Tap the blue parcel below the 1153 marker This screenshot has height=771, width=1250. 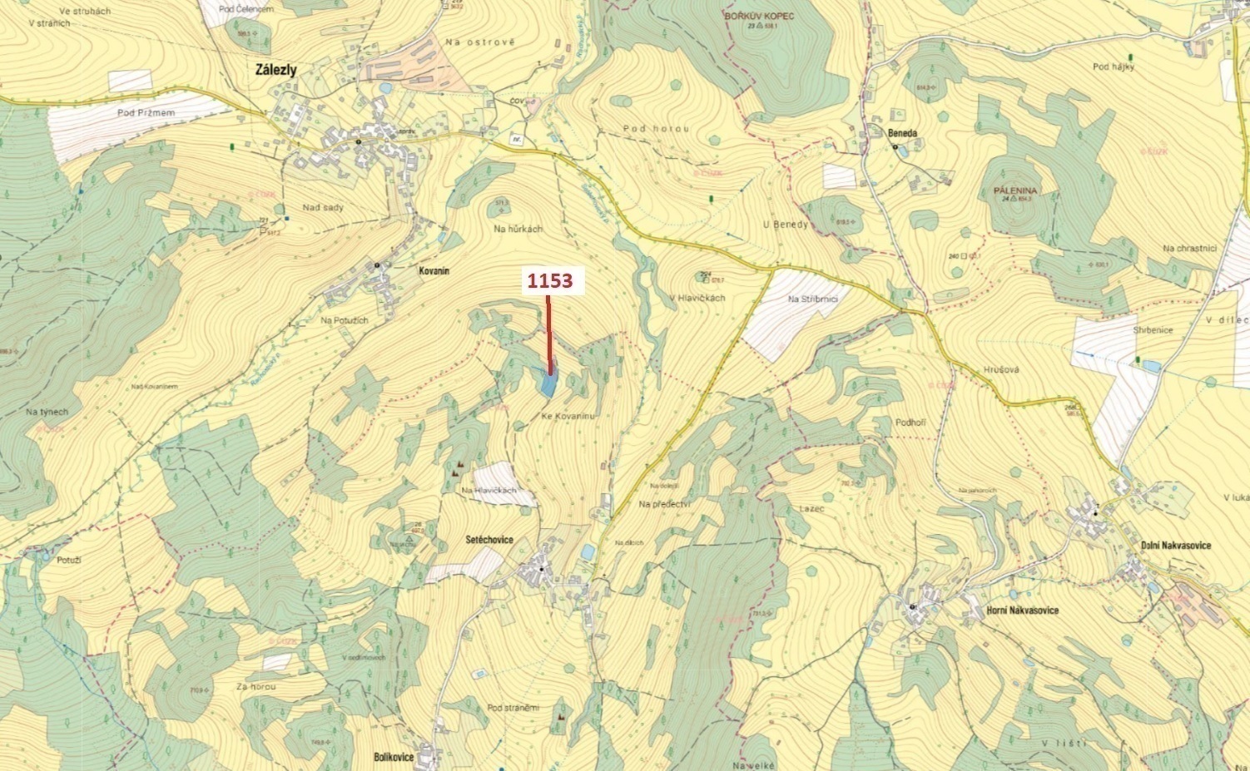click(548, 383)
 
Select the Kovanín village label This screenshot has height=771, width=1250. click(434, 270)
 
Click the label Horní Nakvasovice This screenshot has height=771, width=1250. click(1022, 610)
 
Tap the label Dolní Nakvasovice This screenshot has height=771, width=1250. click(1175, 546)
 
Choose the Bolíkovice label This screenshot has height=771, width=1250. click(394, 758)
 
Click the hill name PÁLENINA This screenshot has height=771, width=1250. click(1013, 190)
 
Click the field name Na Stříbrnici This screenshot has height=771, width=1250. click(812, 299)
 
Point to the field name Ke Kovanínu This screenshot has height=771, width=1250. click(568, 416)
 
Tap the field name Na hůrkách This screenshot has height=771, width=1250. click(518, 229)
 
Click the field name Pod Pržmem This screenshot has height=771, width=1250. click(146, 112)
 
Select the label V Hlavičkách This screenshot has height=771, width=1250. click(697, 298)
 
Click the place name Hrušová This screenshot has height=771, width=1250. click(1001, 368)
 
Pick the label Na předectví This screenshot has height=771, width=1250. click(666, 504)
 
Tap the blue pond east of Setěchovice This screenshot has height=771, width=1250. click(588, 552)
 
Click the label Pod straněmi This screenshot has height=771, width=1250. click(513, 708)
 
